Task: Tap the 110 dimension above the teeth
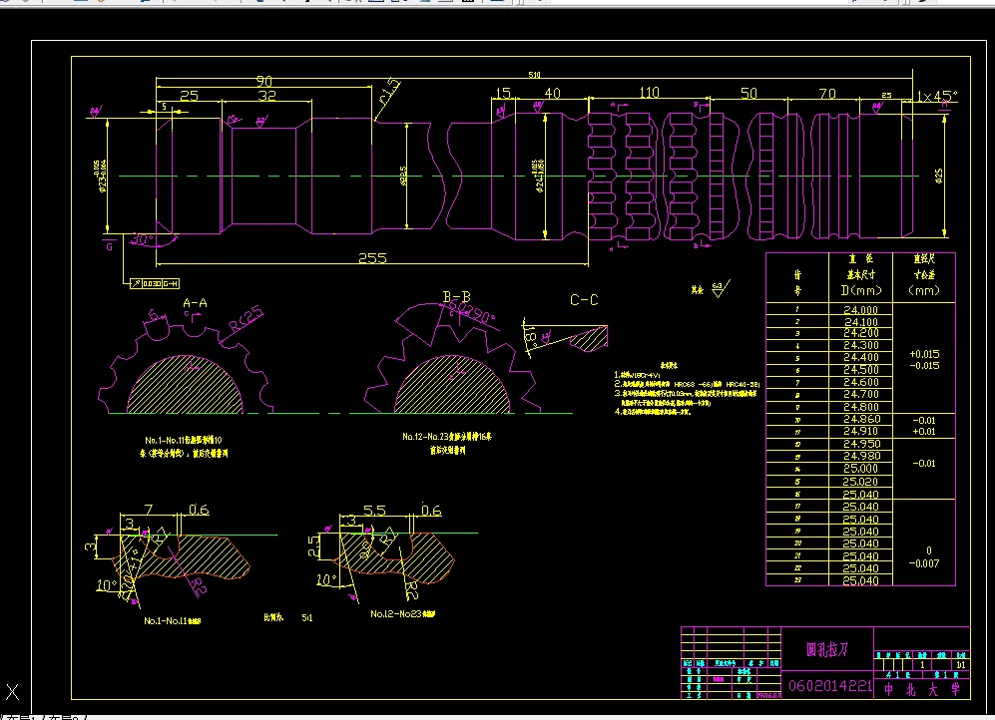[649, 93]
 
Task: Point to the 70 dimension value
[826, 94]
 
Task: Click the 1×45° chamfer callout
[936, 96]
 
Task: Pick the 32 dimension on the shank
[266, 96]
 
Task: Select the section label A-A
[195, 302]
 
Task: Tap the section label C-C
[584, 299]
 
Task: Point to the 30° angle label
[143, 239]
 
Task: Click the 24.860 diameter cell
[860, 420]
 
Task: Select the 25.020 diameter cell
[860, 482]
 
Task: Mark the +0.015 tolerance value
[924, 354]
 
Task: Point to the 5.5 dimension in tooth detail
[375, 510]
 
